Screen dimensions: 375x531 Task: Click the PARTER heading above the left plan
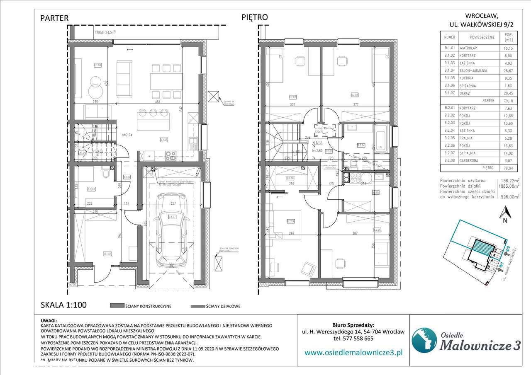[54, 18]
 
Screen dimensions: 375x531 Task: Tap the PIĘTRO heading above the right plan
[255, 17]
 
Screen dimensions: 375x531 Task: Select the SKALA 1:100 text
[63, 305]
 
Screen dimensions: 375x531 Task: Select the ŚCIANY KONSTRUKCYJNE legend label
[148, 306]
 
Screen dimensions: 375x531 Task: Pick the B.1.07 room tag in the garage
[172, 217]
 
